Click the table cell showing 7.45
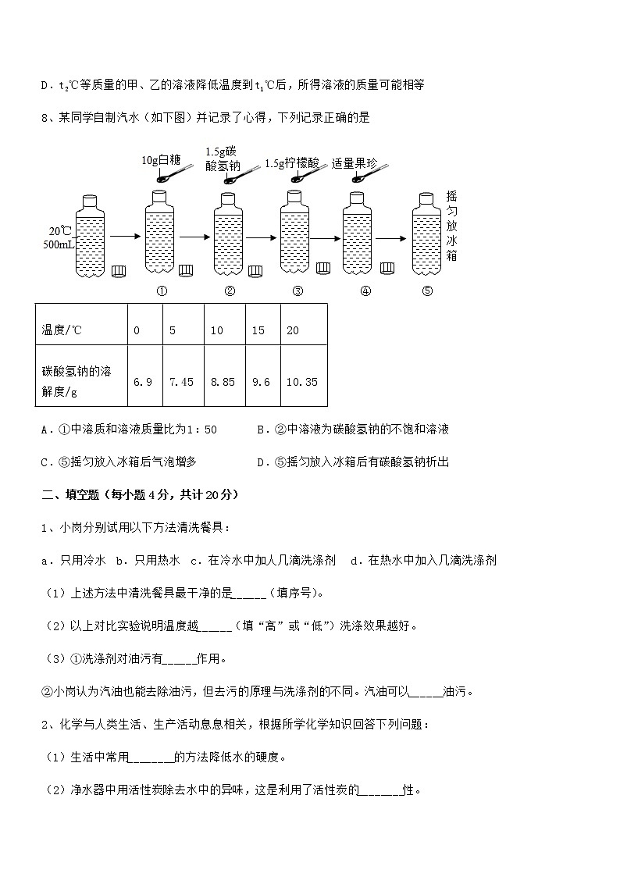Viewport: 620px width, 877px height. click(x=181, y=382)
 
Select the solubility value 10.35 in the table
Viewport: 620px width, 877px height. click(x=301, y=382)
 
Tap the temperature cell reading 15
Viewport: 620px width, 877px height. click(x=258, y=330)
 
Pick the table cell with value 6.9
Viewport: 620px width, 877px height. click(x=143, y=382)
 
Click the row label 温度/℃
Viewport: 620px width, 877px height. click(x=62, y=330)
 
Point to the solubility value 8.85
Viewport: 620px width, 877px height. click(x=223, y=382)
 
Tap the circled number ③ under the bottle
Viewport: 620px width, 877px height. click(x=298, y=291)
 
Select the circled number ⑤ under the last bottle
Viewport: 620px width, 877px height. click(x=426, y=291)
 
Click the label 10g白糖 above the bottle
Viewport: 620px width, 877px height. click(x=161, y=159)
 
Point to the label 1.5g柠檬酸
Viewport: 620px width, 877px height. click(x=292, y=163)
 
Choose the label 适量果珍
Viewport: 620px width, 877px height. click(x=354, y=163)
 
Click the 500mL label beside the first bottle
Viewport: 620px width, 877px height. click(x=59, y=244)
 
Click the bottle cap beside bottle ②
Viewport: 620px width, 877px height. click(x=255, y=271)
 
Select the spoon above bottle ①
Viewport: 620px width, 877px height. click(x=173, y=174)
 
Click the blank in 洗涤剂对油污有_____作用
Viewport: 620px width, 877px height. click(x=180, y=659)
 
